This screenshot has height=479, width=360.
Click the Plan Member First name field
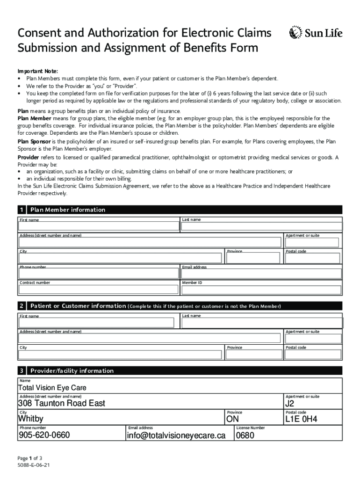[x=99, y=227]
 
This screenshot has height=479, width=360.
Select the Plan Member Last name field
[x=261, y=227]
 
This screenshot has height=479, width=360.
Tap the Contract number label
[x=35, y=283]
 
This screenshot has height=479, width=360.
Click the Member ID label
[x=192, y=283]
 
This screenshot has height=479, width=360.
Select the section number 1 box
[x=22, y=210]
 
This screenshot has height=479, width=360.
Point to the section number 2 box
[x=22, y=306]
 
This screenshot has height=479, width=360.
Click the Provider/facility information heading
[x=72, y=371]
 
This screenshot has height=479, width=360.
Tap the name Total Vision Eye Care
[x=52, y=388]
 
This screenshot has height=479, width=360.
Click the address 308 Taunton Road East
[x=61, y=403]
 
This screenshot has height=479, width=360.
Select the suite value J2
[x=290, y=403]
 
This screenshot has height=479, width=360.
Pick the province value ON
[x=232, y=419]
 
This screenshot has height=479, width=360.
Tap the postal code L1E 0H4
[x=302, y=419]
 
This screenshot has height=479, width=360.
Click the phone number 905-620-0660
[x=44, y=435]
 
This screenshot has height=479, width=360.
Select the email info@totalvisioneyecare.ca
[x=176, y=435]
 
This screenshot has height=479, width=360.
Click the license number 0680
[x=245, y=435]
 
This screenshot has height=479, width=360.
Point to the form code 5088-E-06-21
[x=34, y=466]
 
